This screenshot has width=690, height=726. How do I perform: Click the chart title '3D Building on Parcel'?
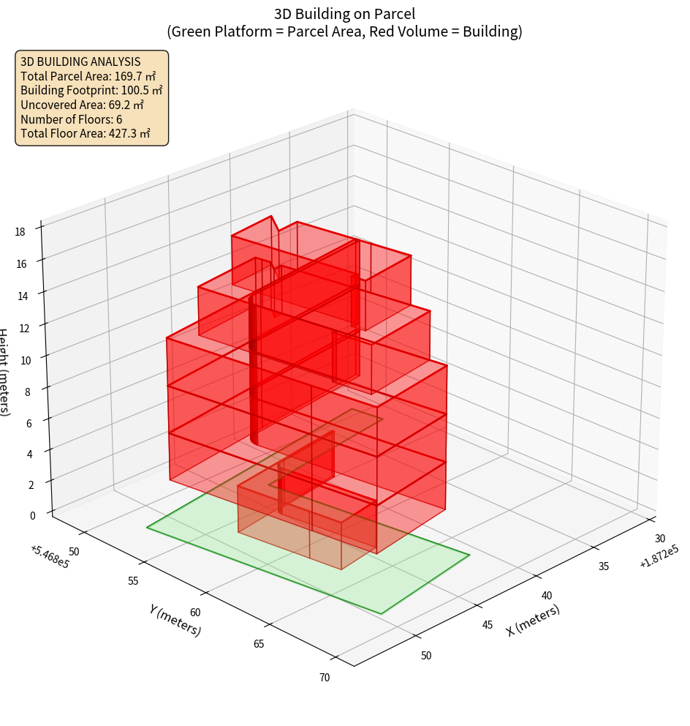344,13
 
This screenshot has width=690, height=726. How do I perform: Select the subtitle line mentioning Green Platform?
344,31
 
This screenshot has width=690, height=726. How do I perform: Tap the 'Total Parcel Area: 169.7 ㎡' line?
88,76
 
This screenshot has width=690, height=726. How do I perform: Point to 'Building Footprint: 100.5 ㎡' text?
91,91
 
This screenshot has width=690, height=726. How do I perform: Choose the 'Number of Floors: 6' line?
72,119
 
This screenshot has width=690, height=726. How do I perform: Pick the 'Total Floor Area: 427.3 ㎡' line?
86,133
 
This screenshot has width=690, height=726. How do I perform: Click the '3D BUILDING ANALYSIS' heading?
80,62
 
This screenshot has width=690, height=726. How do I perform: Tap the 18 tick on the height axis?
20,232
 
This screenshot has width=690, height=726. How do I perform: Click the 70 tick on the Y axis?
325,677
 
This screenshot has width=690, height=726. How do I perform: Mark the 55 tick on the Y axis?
133,580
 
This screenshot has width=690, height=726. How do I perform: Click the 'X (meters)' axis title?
533,620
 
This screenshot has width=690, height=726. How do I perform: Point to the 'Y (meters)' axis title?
175,619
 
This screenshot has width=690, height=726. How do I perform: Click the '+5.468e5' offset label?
50,556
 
